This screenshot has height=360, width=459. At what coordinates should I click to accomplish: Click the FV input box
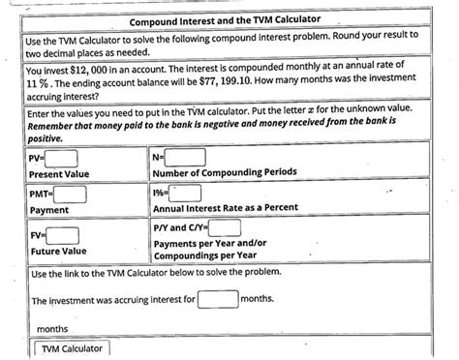coord(63,235)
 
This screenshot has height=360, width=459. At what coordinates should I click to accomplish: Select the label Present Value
coord(60,173)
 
